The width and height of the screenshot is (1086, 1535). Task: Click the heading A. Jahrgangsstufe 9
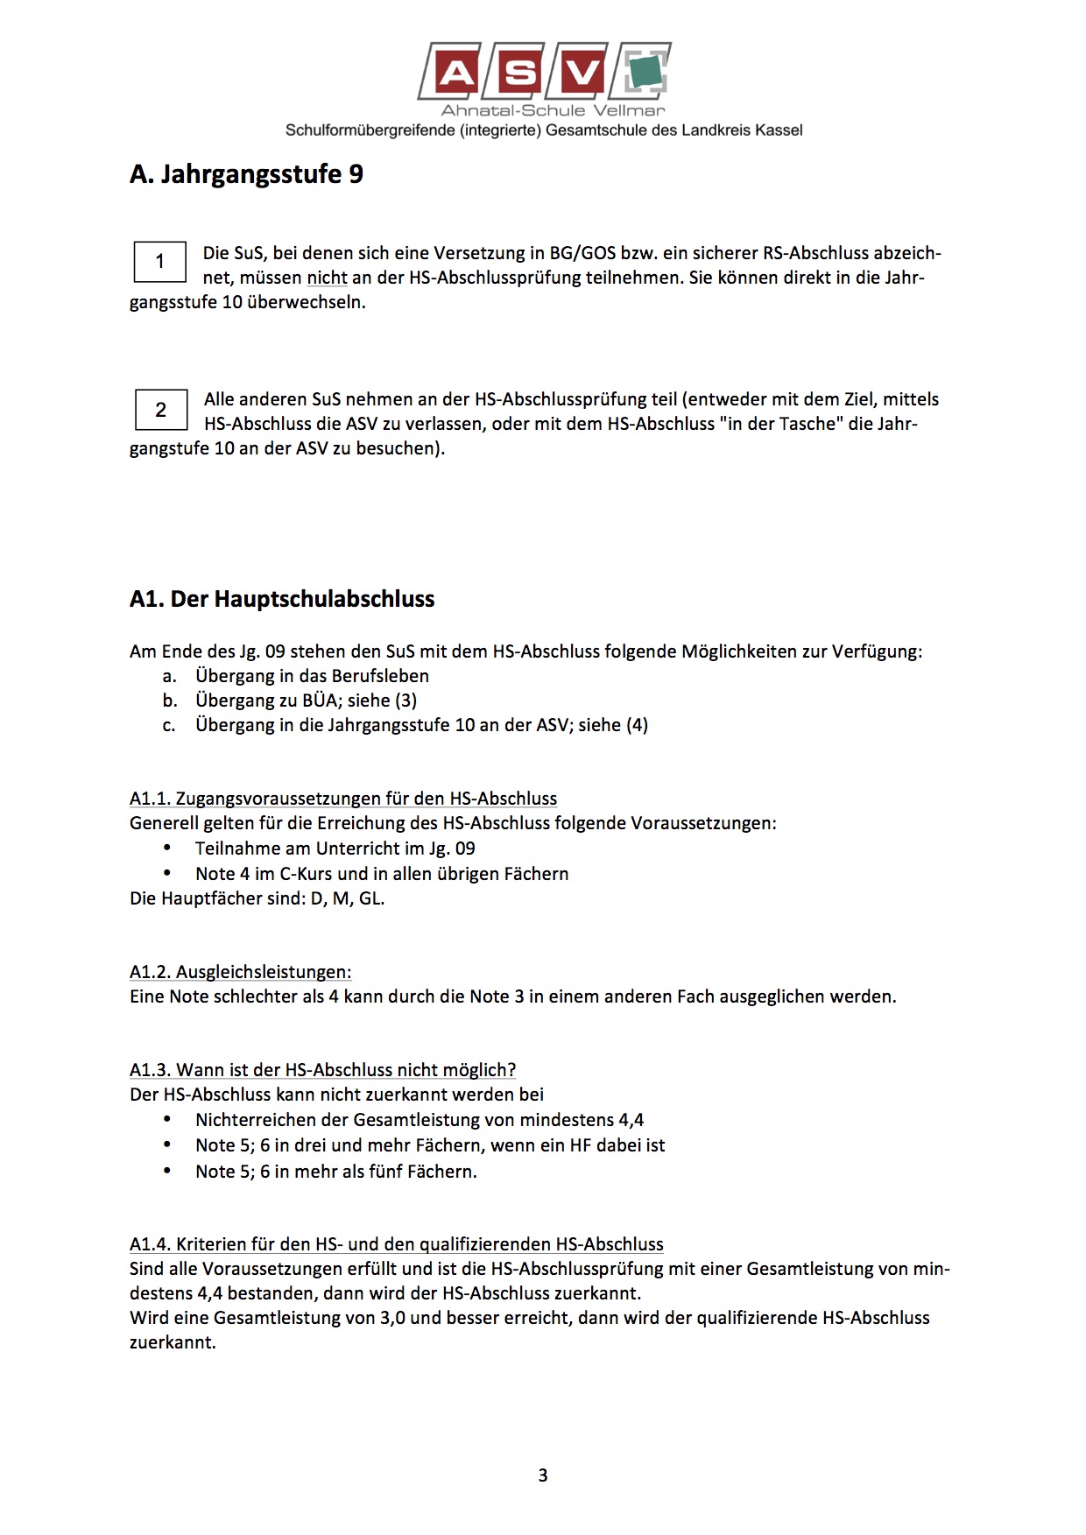[246, 173]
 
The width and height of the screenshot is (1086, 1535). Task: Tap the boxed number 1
[159, 261]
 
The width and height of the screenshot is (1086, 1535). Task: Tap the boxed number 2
[160, 410]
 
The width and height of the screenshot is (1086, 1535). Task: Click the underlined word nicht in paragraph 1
[327, 278]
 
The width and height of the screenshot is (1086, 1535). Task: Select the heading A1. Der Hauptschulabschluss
[282, 599]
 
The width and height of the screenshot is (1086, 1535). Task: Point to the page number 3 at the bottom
[543, 1475]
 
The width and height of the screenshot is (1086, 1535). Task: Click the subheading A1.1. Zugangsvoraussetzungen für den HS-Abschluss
[343, 799]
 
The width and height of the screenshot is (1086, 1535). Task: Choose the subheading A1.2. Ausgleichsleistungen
[240, 972]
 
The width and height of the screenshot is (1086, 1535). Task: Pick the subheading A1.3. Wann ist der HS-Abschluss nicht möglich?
[322, 1070]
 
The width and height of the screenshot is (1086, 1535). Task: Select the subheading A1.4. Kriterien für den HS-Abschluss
[396, 1244]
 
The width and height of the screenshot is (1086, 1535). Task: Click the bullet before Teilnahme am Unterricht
[168, 848]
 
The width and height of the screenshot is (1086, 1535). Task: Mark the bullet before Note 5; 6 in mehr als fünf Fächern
[168, 1172]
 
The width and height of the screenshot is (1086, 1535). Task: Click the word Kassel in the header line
[779, 130]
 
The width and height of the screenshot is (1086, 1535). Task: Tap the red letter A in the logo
[456, 73]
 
